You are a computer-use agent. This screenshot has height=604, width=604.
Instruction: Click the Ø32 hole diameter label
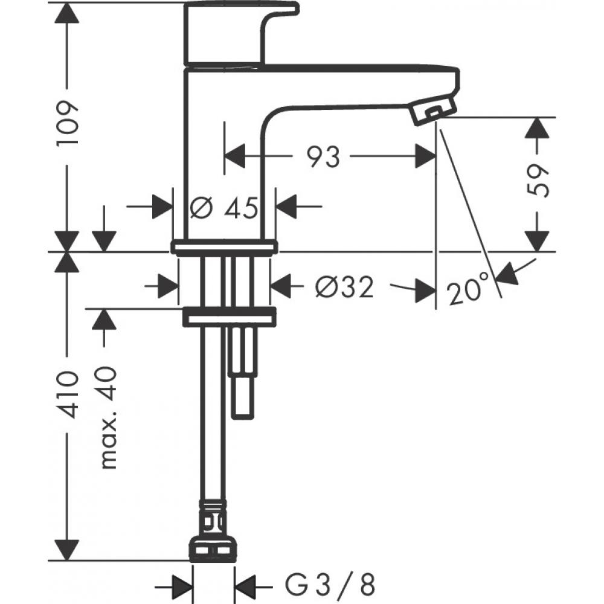344,286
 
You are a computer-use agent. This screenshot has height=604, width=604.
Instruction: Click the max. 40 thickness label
108,417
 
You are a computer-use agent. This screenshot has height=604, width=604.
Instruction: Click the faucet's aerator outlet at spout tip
434,112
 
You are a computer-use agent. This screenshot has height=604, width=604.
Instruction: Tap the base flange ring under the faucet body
224,246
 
